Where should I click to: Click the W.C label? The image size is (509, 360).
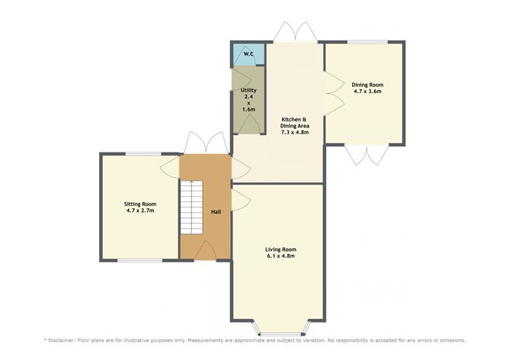click(x=248, y=54)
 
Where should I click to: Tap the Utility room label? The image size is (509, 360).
click(x=248, y=90)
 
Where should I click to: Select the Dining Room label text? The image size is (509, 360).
click(x=367, y=85)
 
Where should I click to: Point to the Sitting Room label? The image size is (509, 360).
click(x=140, y=204)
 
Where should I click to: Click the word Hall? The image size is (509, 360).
click(x=216, y=212)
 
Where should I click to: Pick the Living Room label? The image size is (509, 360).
click(x=281, y=249)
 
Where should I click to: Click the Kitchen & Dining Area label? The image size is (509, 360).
click(x=295, y=123)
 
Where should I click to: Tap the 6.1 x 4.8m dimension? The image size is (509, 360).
click(x=280, y=256)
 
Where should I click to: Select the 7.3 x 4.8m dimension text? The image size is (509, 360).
click(x=295, y=132)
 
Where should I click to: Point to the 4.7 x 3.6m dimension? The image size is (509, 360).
click(x=367, y=92)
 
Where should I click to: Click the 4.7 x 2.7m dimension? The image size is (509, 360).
click(x=140, y=211)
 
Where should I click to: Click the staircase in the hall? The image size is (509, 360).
click(x=191, y=207)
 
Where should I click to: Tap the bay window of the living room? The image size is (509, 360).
click(x=281, y=329)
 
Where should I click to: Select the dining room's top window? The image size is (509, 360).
click(x=368, y=42)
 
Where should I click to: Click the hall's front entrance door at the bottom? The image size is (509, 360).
click(x=205, y=251)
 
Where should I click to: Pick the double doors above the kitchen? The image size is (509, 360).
click(x=295, y=32)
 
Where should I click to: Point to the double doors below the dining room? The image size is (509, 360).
click(x=367, y=155)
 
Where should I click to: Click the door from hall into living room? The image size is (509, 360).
click(x=241, y=200)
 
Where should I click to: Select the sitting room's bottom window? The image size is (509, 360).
click(x=140, y=260)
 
